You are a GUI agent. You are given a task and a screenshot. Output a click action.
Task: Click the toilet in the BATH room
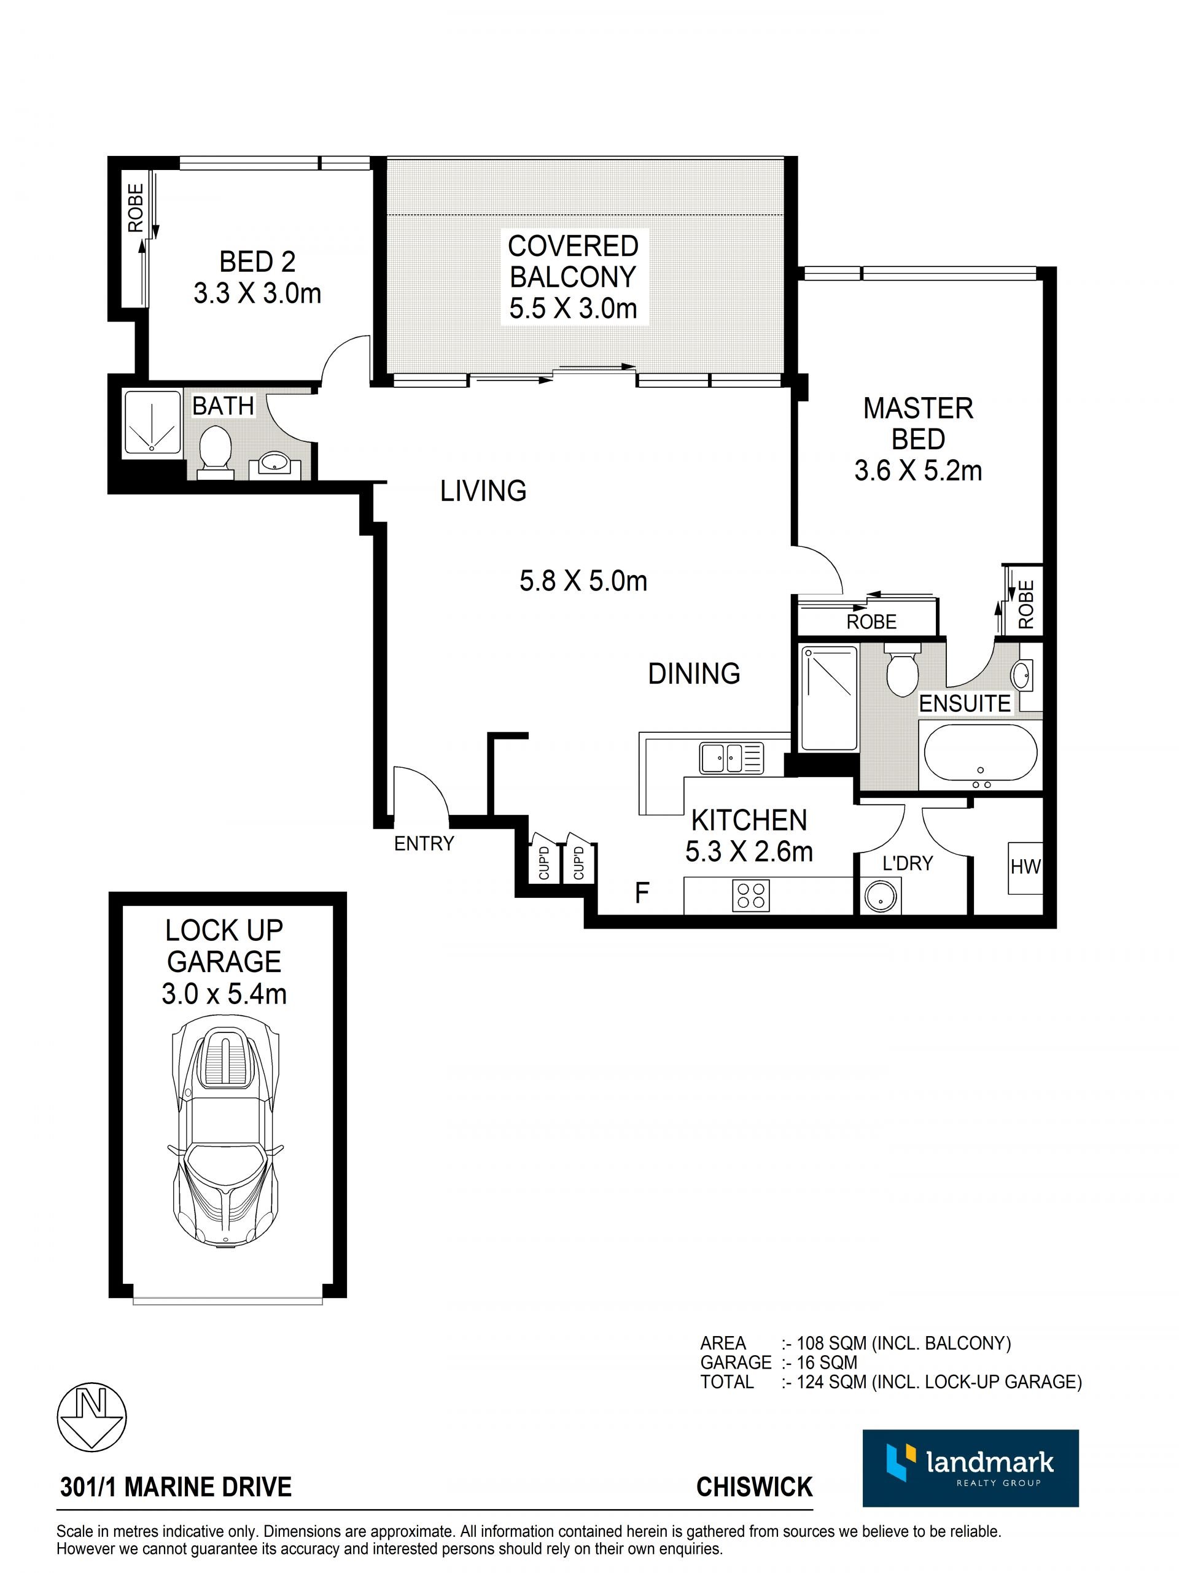coord(215,449)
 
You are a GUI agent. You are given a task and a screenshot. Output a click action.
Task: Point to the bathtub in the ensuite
coord(980,754)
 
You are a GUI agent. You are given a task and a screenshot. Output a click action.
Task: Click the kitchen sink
coord(731,757)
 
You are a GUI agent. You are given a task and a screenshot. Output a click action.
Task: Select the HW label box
coord(1025,868)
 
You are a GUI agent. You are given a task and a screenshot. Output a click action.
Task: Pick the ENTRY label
coord(424,843)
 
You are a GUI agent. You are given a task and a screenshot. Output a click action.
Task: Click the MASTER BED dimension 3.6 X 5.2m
coord(918,471)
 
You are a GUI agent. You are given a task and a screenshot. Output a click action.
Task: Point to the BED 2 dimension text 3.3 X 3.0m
coord(257,293)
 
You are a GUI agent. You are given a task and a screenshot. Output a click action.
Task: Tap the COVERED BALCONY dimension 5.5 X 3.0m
coord(573,309)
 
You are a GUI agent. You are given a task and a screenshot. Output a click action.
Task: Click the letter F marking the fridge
coord(642,893)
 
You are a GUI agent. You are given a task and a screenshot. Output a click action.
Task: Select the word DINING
coord(694,673)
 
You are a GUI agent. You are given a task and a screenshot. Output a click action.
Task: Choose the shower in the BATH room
coord(152,422)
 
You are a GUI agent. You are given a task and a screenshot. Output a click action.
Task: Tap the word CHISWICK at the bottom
coord(754,1487)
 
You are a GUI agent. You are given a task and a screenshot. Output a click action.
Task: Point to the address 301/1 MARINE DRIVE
coord(176,1487)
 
